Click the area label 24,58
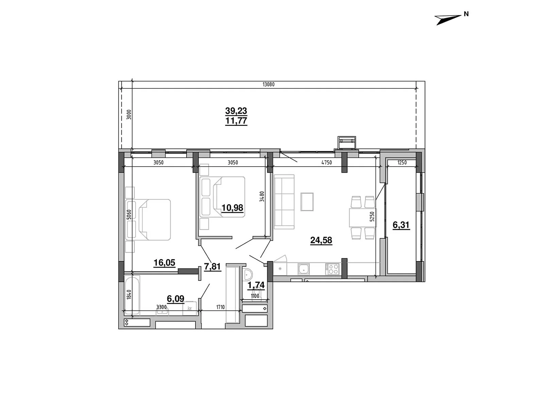[321, 240]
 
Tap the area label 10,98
[232, 207]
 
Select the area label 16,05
[164, 262]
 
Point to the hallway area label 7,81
[213, 267]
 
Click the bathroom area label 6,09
[175, 299]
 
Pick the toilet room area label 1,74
[256, 285]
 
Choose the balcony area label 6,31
[401, 225]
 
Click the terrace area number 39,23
[236, 111]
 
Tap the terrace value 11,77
[236, 121]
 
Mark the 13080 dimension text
[268, 84]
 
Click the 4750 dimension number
[326, 163]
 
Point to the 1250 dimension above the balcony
[402, 163]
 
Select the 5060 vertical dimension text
[129, 215]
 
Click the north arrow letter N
[466, 14]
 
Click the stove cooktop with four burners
[332, 269]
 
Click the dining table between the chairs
[362, 218]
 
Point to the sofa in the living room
[284, 202]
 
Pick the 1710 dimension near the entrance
[220, 307]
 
